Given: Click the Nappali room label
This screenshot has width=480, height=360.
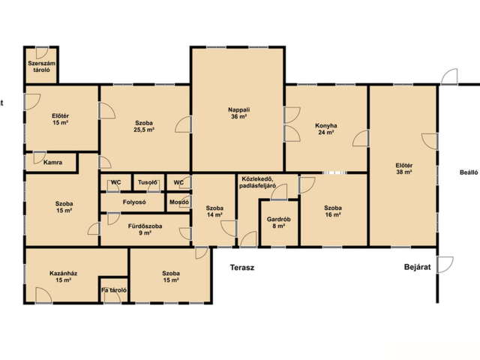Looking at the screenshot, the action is [238, 113].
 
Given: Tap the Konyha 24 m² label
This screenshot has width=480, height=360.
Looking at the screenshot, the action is [326, 129].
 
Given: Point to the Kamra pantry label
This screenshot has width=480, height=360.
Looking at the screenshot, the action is [52, 162].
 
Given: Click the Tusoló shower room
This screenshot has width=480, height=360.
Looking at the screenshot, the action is [148, 182].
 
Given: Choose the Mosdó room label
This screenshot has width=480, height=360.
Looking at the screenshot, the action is [179, 202].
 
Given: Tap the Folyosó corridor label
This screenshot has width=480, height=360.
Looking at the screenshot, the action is [134, 202].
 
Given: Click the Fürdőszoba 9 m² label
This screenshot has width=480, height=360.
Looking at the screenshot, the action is [145, 229].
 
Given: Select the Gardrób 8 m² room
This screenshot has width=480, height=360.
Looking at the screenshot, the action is [278, 223].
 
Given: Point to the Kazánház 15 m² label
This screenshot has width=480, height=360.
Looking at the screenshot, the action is [63, 277].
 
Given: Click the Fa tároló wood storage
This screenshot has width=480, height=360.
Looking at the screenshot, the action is [114, 290].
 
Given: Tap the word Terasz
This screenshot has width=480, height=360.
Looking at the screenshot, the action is [242, 268].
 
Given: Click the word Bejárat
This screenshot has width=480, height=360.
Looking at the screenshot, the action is [417, 267].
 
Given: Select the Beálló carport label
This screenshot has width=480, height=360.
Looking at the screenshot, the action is [469, 172].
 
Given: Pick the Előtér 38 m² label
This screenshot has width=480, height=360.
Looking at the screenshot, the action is [403, 169].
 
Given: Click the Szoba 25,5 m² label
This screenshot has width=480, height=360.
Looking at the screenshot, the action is [144, 126].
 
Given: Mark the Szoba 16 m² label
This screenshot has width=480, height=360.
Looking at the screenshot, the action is [333, 211].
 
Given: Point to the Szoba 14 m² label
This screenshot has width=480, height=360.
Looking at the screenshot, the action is [214, 211].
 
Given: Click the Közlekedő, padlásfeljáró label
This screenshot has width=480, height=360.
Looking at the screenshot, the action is [258, 182].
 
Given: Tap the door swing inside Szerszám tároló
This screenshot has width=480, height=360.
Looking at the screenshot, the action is [43, 52].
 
